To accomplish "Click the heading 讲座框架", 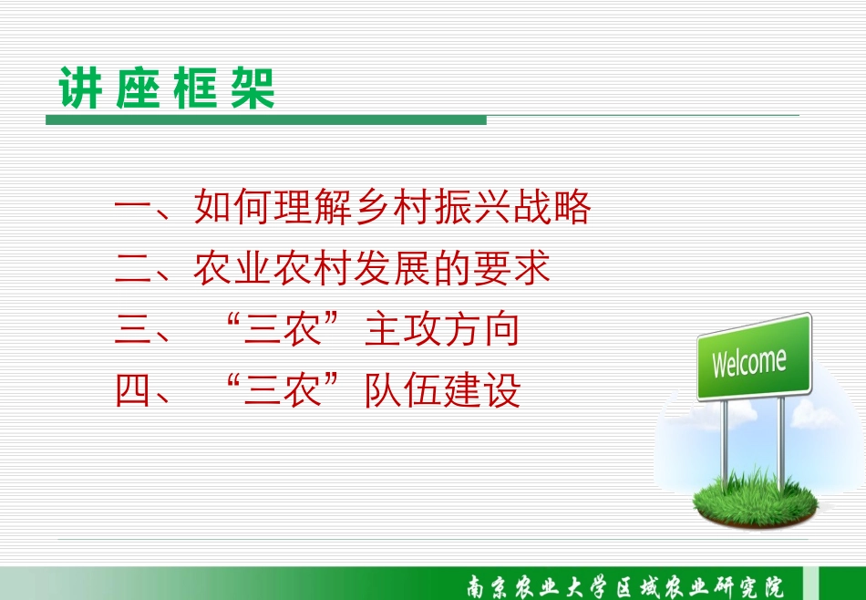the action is pos(167,88).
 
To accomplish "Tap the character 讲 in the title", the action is pos(80,88).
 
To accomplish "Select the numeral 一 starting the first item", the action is pos(132,208).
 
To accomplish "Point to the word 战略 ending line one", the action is pos(552,207).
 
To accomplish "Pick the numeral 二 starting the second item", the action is pos(132,268).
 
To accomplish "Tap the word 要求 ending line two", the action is pos(511,268).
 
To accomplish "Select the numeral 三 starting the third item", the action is pos(132,329).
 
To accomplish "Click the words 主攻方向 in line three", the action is pos(442,329).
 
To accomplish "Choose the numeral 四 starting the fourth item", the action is pos(132,390).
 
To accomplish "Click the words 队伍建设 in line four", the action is pos(442,390).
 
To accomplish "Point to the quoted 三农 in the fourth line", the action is pos(283,390).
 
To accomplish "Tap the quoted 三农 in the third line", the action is pos(283,329).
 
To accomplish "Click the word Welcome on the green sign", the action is pos(749,362).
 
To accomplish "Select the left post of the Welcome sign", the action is pos(725,441).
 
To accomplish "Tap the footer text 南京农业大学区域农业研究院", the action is pos(625,586).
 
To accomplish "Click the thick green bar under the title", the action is pos(265,119).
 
